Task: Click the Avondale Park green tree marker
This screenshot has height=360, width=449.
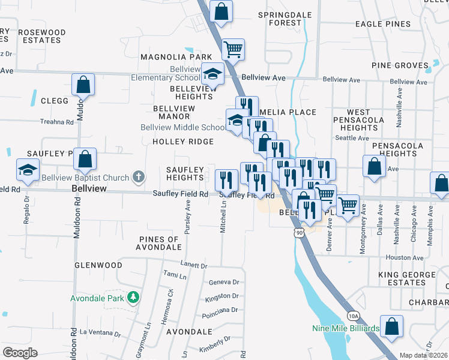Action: tap(133, 297)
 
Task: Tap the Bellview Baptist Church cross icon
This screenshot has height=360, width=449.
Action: tap(139, 177)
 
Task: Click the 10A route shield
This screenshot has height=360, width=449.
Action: tap(354, 316)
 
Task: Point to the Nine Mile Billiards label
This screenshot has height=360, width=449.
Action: tap(345, 328)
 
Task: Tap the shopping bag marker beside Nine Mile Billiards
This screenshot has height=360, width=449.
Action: tap(391, 327)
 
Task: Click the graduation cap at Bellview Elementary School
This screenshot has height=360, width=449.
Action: tap(212, 74)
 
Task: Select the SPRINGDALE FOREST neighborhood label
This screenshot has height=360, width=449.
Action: tap(279, 19)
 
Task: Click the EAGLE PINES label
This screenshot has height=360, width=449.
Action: tap(383, 25)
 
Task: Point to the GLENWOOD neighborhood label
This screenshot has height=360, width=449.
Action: tap(98, 265)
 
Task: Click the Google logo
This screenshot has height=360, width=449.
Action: tap(20, 353)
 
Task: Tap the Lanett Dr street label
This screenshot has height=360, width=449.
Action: tap(194, 265)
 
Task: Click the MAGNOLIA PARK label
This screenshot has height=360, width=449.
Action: tap(168, 57)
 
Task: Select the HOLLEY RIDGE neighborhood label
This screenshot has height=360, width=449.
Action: tap(183, 142)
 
